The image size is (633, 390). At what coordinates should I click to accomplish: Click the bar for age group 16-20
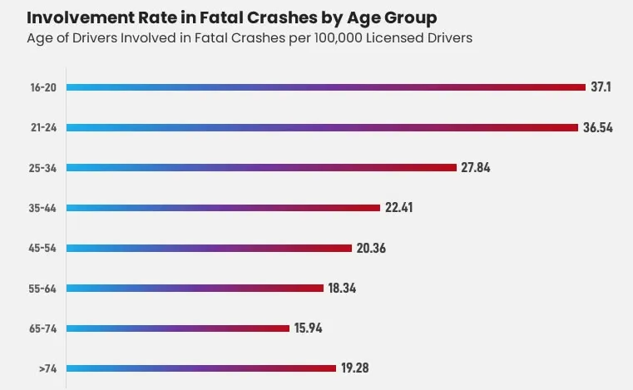tap(325, 86)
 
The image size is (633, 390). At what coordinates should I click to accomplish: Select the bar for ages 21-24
tap(321, 127)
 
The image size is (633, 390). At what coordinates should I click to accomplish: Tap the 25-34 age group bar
tap(261, 167)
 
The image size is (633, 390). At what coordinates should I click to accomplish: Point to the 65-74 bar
tap(177, 328)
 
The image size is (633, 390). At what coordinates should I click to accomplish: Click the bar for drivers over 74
tap(200, 368)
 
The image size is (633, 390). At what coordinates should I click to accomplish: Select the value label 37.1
tap(601, 86)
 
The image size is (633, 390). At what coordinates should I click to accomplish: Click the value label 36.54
tap(597, 127)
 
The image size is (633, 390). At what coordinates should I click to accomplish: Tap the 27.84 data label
tap(476, 167)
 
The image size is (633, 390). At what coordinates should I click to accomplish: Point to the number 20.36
tap(371, 248)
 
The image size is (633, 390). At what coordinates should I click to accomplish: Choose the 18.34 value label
tap(342, 288)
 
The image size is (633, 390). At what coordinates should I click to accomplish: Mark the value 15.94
tap(308, 328)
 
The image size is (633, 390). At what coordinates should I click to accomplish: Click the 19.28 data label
tap(354, 368)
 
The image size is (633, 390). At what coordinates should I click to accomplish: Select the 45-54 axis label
tap(42, 248)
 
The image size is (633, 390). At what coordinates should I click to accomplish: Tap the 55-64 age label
tap(42, 288)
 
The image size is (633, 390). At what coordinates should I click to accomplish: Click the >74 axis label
tap(47, 368)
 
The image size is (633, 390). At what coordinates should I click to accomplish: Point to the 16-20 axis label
tap(43, 86)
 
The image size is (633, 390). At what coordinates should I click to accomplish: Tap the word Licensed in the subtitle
tap(407, 38)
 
